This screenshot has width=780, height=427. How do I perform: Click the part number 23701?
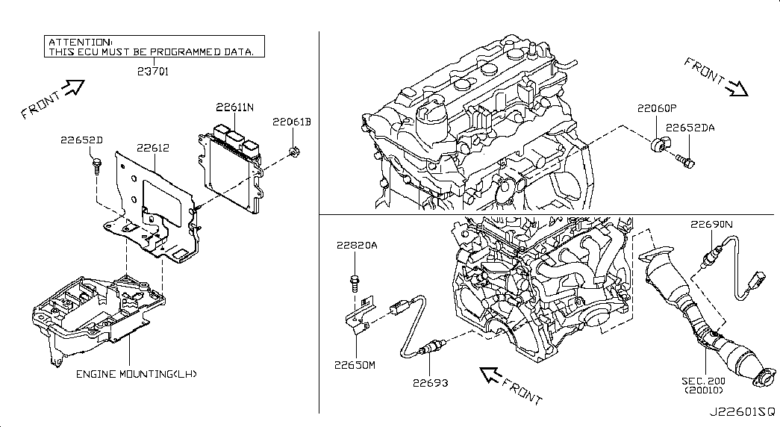153,72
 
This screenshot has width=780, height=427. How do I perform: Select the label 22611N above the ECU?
235,107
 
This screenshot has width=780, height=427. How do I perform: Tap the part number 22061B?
292,122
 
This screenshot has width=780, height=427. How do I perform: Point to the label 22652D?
81,140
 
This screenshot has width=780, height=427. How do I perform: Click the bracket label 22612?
153,148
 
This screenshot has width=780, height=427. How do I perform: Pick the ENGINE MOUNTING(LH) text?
137,374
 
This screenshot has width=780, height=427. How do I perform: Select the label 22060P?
657,108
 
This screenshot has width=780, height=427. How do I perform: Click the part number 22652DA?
690,128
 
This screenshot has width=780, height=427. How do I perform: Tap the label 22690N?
711,225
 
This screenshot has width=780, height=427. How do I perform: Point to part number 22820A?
357,245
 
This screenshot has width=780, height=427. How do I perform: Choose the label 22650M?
355,365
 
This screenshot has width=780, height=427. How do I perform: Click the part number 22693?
430,383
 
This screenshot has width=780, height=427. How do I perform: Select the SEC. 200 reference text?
703,381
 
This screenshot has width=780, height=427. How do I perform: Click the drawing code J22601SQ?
742,412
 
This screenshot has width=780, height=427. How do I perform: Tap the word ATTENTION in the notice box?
81,43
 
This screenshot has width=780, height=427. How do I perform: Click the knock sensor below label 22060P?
660,145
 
